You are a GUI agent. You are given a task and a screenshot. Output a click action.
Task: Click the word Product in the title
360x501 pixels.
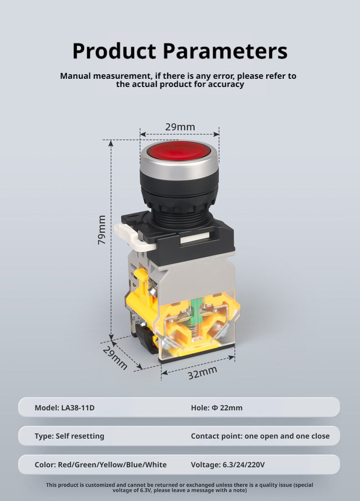(x=114, y=51)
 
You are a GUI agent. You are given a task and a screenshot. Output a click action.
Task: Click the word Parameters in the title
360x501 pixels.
(x=226, y=51)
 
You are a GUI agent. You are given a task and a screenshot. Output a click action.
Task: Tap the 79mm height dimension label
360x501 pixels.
(x=101, y=230)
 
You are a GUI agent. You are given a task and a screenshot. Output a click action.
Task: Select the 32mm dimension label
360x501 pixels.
(x=202, y=373)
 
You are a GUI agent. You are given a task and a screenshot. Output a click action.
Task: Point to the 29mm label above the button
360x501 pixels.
(x=180, y=127)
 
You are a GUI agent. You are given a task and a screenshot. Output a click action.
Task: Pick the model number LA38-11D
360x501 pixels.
(x=78, y=408)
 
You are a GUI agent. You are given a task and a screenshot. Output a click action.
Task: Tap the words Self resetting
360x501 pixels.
(x=80, y=436)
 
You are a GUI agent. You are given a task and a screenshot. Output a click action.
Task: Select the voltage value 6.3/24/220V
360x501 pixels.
(x=244, y=465)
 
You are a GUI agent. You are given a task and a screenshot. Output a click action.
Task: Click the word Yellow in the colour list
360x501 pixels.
(x=112, y=465)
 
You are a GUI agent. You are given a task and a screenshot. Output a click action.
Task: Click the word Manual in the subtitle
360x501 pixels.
(x=76, y=76)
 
